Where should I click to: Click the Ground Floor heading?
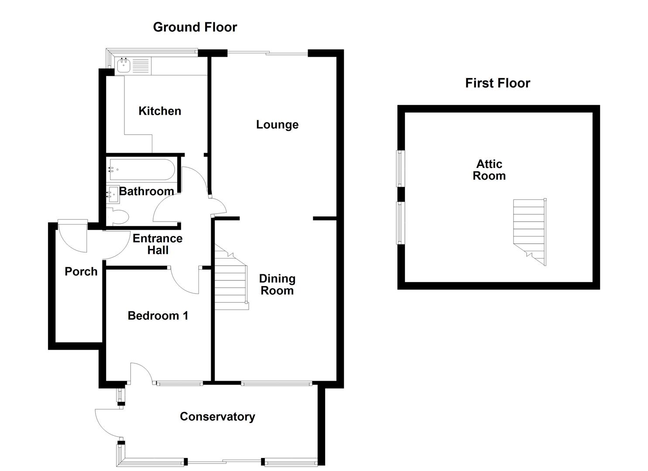pos(195,27)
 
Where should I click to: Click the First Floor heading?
pos(497,83)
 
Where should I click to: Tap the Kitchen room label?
pos(160,111)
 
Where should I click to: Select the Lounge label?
pos(277,125)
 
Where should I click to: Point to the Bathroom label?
pos(147,191)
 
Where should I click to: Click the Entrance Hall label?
pos(158,244)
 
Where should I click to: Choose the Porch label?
pos(81,271)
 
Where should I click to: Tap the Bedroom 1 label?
pos(158,316)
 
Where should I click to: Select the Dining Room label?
pos(277,284)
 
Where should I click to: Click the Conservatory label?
pos(217,416)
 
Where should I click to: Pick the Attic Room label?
pos(489,170)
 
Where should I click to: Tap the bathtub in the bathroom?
pos(142,170)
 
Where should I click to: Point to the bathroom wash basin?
pos(113,195)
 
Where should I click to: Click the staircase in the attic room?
pos(529,231)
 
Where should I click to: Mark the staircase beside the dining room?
pos(230,279)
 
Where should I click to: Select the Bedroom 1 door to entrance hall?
pos(185,280)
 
